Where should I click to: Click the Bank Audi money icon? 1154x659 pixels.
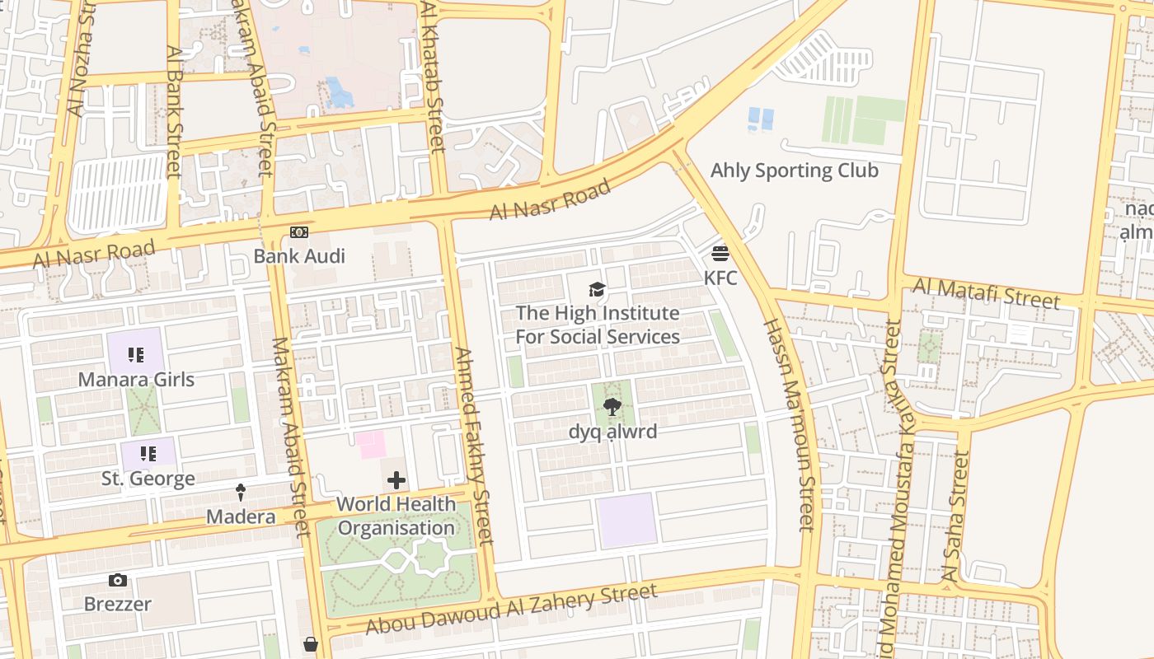click(299, 233)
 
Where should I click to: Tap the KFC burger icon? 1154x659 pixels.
click(720, 253)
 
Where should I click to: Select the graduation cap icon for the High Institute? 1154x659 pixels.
click(597, 289)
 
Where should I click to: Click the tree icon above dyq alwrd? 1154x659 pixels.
click(612, 407)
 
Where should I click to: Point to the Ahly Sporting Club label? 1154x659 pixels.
click(795, 171)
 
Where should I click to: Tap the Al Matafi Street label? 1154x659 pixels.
click(987, 292)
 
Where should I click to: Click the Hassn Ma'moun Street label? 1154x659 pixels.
click(789, 424)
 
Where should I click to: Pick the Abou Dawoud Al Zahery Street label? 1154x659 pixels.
click(511, 609)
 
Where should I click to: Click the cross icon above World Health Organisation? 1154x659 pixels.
click(396, 480)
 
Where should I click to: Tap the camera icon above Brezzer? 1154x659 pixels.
click(118, 581)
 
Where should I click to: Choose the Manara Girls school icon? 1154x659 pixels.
click(136, 356)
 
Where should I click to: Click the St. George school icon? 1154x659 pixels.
click(148, 454)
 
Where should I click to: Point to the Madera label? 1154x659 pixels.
click(241, 516)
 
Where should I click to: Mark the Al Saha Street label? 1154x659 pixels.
click(955, 516)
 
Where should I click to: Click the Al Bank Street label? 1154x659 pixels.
click(173, 111)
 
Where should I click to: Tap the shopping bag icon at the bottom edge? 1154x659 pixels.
click(311, 644)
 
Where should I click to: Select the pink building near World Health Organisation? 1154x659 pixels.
click(371, 445)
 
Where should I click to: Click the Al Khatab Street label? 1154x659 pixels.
click(433, 78)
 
